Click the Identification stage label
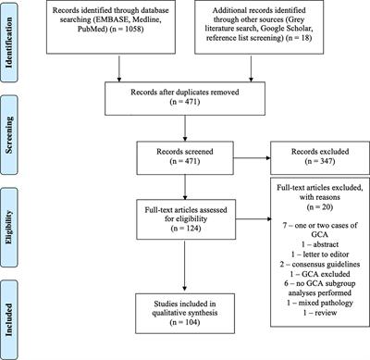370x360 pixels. (x=12, y=36)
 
